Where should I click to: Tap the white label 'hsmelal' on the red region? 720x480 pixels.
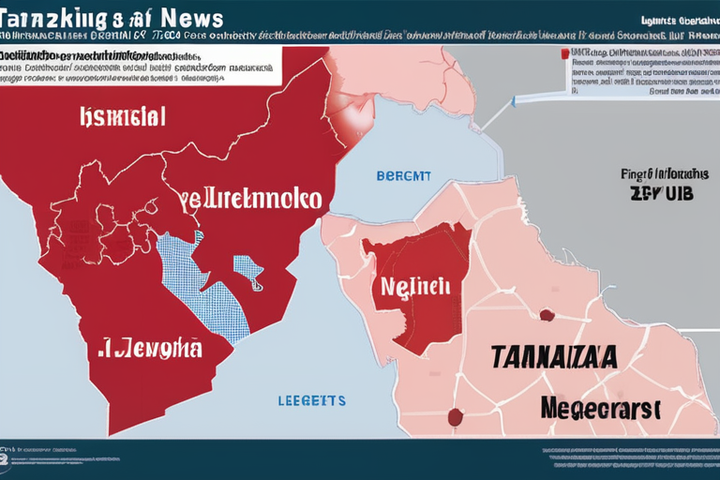click(122, 116)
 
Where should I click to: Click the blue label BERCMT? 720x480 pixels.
click(404, 175)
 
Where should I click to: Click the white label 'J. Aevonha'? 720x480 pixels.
click(150, 350)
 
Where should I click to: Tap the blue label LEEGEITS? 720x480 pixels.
click(312, 400)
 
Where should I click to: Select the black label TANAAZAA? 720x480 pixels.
click(553, 357)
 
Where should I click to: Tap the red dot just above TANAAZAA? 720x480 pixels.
click(546, 316)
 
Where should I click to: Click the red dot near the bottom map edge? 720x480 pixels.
click(457, 414)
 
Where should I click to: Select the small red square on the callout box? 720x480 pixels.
click(565, 54)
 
